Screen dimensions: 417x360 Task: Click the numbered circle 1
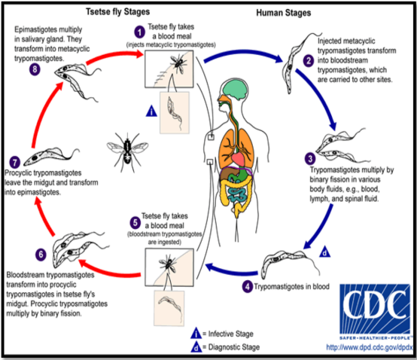tap(139, 32)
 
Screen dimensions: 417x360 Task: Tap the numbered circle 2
tap(309, 61)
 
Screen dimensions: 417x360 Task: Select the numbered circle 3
tap(310, 159)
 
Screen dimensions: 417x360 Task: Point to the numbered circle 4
tap(248, 286)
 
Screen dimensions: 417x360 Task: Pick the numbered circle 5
tap(135, 223)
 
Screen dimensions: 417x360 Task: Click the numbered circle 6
tap(41, 255)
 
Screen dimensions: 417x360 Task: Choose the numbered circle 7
tap(15, 163)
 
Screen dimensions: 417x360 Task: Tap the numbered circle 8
tap(35, 70)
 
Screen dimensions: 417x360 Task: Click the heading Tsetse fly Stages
tap(118, 12)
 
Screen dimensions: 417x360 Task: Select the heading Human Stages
tap(284, 13)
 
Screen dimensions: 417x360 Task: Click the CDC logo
tap(375, 312)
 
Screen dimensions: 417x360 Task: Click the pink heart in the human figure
tap(239, 159)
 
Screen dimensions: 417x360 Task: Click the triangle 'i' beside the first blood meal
tap(151, 111)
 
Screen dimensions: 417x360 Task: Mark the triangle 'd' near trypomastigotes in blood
tap(324, 252)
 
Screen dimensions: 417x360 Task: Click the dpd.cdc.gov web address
tap(370, 347)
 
